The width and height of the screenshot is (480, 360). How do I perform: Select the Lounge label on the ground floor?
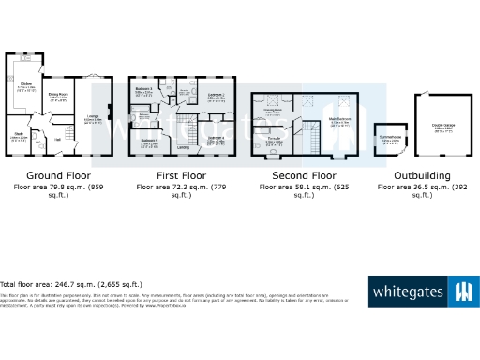pyautogui.click(x=94, y=115)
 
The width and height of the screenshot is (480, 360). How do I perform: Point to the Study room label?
pyautogui.click(x=17, y=135)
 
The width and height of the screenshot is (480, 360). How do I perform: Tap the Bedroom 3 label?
pyautogui.click(x=143, y=89)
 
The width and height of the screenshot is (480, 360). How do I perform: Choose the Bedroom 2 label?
pyautogui.click(x=216, y=95)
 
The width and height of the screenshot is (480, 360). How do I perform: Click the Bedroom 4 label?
pyautogui.click(x=148, y=140)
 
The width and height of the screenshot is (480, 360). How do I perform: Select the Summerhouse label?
pyautogui.click(x=385, y=137)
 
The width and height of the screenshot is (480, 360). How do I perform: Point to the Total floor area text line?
pyautogui.click(x=70, y=283)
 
